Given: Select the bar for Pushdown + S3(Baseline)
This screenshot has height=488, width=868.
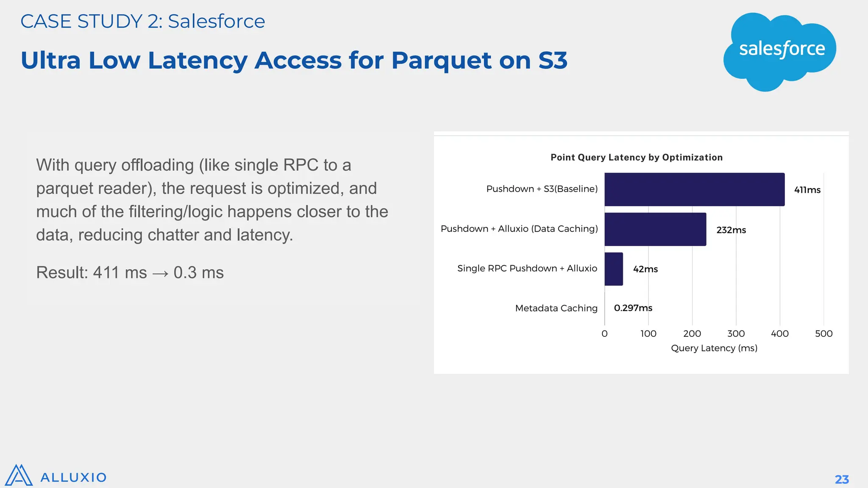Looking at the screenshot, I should [x=694, y=189].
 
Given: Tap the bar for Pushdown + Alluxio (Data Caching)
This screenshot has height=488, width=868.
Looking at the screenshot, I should [x=655, y=229].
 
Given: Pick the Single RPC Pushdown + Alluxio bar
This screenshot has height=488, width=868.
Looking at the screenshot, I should [x=614, y=269].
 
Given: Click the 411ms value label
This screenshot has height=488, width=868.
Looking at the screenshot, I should [x=807, y=190].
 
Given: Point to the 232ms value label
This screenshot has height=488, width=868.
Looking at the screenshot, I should [x=731, y=230].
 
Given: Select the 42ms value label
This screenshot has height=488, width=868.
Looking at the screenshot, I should [x=645, y=269].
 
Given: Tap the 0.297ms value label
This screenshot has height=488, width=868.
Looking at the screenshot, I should [x=633, y=308].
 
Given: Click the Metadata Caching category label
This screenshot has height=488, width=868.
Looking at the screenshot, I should [x=556, y=308].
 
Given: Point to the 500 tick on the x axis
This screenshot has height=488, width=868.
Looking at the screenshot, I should [x=823, y=333].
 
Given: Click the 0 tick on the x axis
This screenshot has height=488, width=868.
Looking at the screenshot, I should [x=604, y=333].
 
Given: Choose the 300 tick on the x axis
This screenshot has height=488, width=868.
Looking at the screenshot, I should [x=736, y=333].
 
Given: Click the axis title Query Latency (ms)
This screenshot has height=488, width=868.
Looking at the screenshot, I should [x=714, y=348].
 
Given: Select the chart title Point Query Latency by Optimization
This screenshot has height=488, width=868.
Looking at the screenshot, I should [x=636, y=158].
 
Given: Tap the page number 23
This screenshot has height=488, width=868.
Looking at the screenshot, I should [x=841, y=479].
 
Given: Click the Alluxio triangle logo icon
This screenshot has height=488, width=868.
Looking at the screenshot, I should [x=19, y=476].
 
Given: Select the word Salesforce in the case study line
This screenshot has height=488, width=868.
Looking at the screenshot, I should [x=216, y=21].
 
